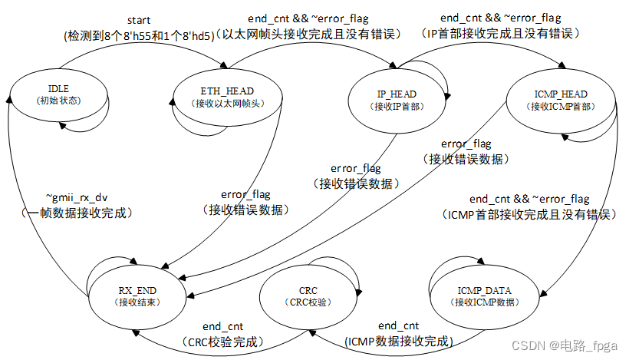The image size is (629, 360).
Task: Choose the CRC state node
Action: (308, 296)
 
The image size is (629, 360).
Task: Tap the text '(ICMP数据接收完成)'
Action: (400, 341)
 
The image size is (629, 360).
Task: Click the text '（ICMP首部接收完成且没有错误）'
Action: (529, 215)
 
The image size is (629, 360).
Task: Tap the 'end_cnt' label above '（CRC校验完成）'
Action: (224, 326)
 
